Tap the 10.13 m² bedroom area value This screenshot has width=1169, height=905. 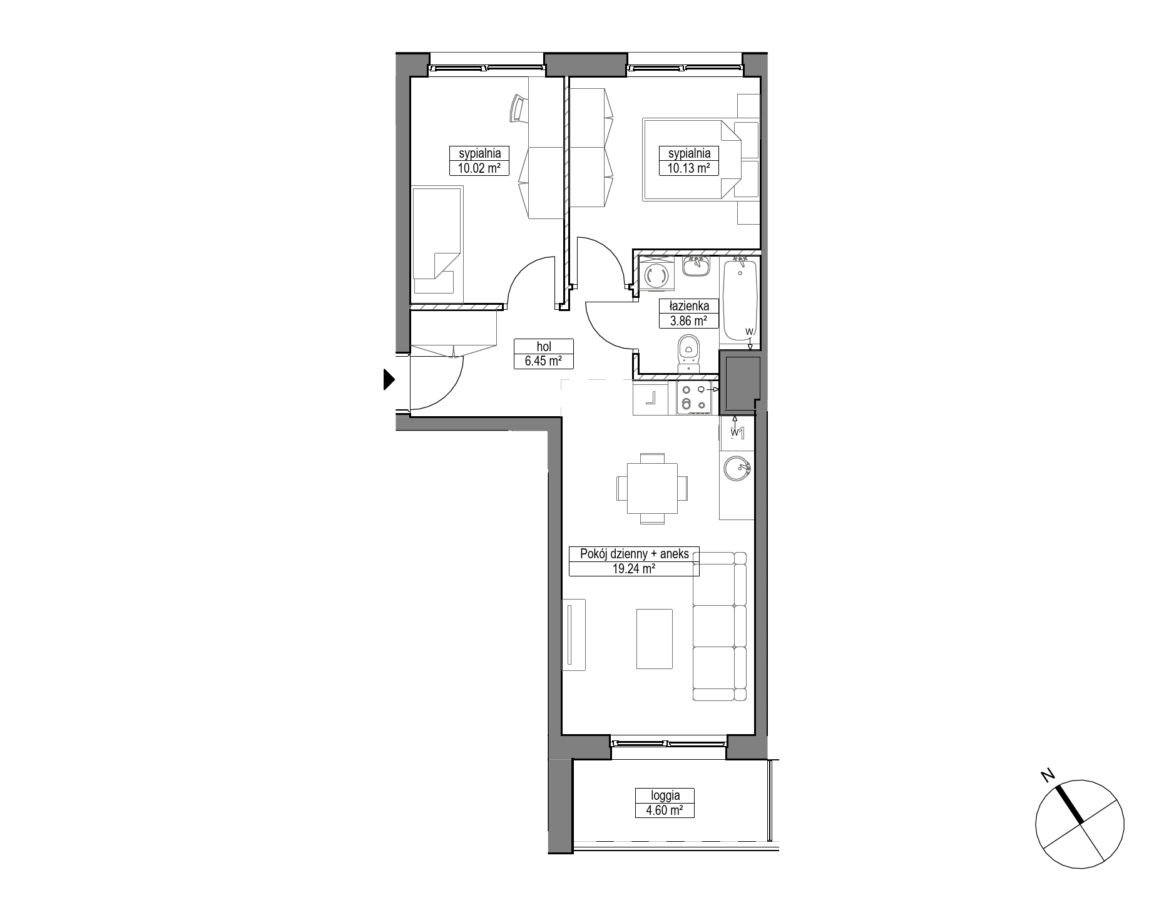click(x=689, y=168)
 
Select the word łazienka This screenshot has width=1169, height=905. click(x=689, y=306)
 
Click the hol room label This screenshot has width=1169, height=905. click(x=543, y=346)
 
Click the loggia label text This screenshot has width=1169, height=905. click(x=665, y=796)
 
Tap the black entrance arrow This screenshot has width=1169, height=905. click(x=389, y=379)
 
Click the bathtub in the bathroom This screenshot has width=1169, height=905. click(x=740, y=299)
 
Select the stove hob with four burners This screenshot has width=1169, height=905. click(x=694, y=399)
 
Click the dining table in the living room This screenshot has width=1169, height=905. click(x=653, y=488)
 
